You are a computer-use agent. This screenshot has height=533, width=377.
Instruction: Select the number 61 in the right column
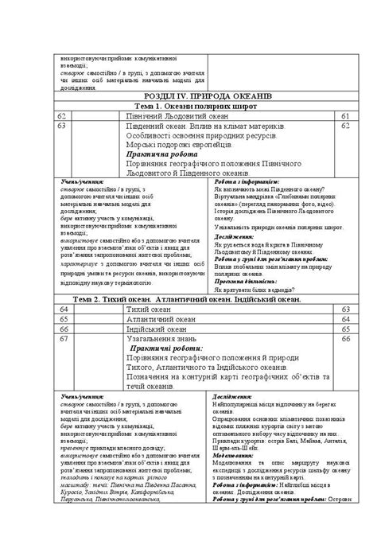[x=345, y=116]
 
